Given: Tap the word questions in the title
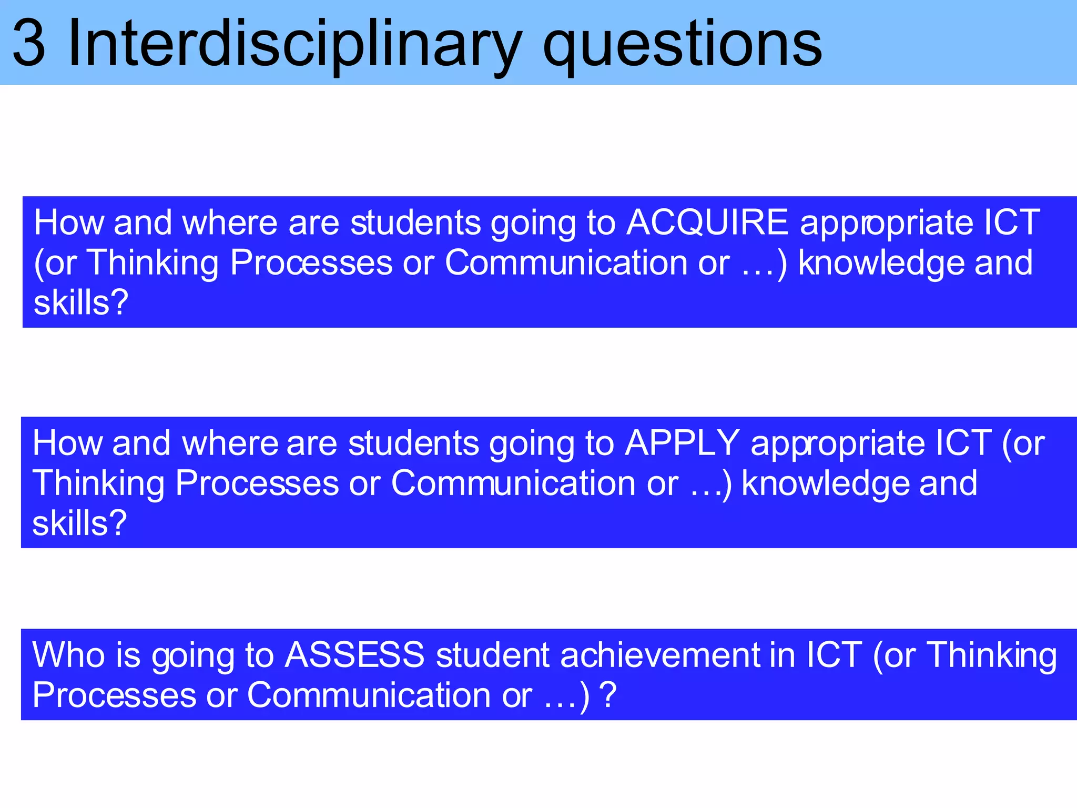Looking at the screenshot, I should point(682,45).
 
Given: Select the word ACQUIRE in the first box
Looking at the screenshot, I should point(707,223).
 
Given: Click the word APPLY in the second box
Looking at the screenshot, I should point(682,443).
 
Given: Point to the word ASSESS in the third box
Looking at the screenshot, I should point(354,655).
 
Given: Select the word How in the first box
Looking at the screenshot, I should point(69,223).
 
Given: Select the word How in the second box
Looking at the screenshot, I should point(67,443).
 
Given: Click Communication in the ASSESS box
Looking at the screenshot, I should point(369,695).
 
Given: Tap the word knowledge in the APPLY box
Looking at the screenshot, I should point(825,483).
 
